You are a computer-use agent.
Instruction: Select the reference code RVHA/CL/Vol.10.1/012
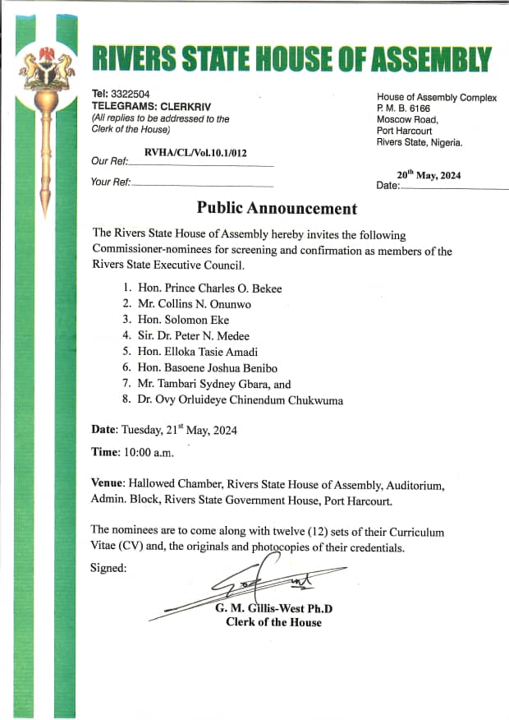[x=195, y=152]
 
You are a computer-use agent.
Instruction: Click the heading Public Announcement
[x=277, y=209]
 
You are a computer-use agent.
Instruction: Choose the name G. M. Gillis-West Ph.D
[x=273, y=609]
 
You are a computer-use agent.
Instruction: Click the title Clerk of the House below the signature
[x=273, y=622]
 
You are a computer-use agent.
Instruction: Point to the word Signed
[x=108, y=567]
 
